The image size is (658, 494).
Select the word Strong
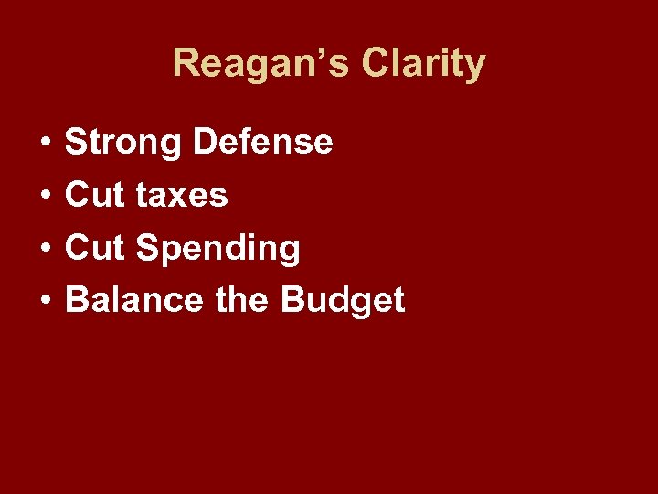[x=124, y=143]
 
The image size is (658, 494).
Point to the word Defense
[x=264, y=143]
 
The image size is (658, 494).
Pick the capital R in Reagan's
[x=186, y=64]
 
